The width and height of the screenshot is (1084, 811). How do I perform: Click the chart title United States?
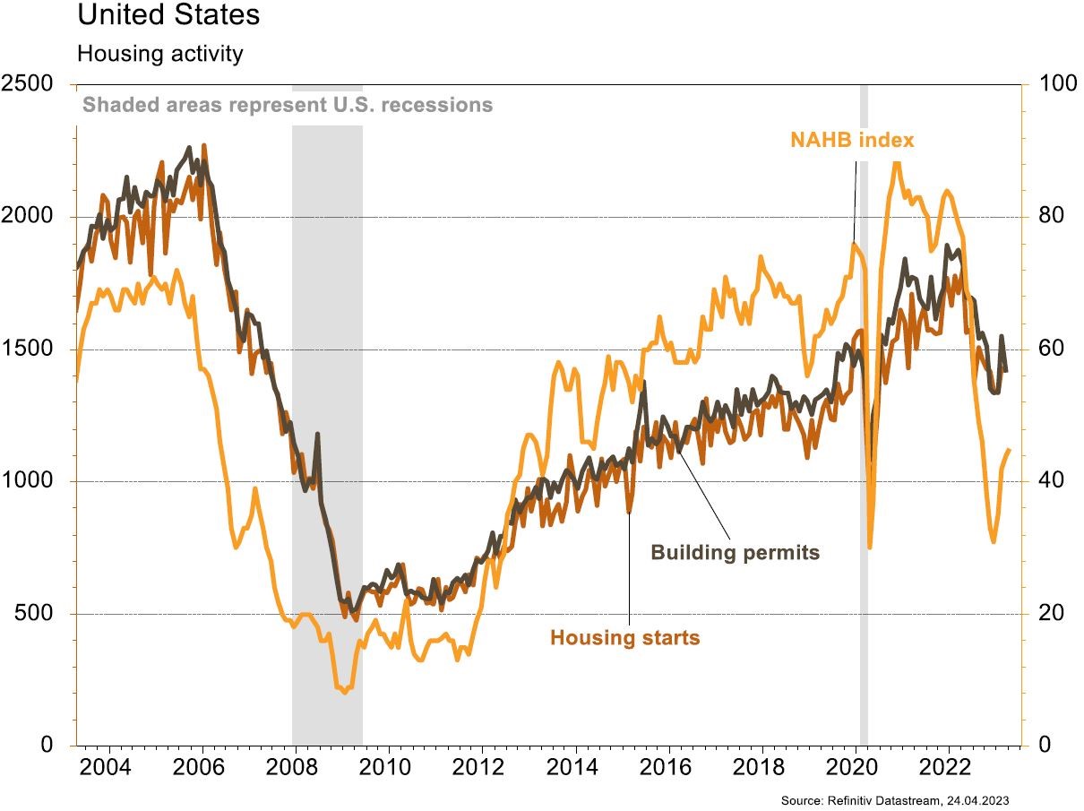(x=168, y=15)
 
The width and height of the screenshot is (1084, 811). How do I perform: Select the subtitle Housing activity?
(x=159, y=54)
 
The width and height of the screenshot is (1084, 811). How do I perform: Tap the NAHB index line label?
(x=851, y=140)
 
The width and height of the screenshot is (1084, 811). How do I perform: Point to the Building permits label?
(x=735, y=552)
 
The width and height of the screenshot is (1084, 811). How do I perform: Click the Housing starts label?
(x=624, y=638)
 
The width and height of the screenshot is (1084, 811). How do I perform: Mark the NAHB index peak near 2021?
(x=896, y=163)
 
